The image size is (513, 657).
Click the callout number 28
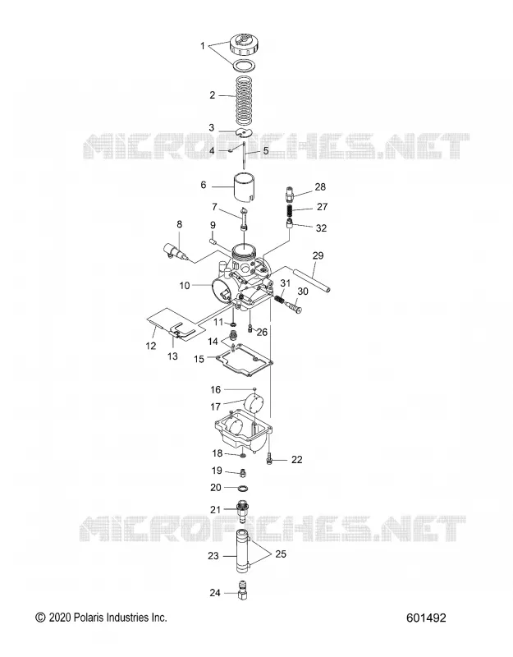click(x=320, y=187)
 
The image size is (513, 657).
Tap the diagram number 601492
click(x=426, y=618)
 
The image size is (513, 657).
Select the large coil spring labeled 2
click(x=244, y=100)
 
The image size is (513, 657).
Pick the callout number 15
click(x=199, y=359)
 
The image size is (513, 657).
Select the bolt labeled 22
click(x=269, y=459)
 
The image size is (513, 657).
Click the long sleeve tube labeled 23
click(x=243, y=551)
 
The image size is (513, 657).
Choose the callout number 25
click(x=281, y=554)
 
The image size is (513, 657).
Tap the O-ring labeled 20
click(x=242, y=488)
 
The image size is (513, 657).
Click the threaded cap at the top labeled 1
click(x=245, y=44)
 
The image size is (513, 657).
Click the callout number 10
click(x=185, y=285)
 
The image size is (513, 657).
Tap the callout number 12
click(x=151, y=346)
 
